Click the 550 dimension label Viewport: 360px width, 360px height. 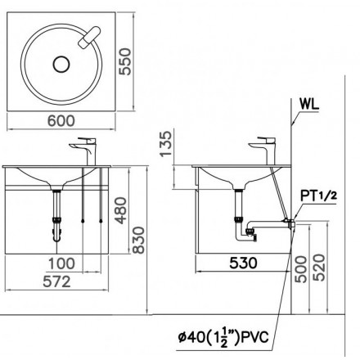(125, 61)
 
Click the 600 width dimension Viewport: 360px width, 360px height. (61, 121)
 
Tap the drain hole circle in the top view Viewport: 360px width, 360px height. (61, 65)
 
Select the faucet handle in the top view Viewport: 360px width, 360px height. (89, 37)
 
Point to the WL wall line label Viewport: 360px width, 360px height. (309, 104)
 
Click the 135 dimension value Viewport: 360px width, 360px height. (166, 143)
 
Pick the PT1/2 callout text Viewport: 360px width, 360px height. (318, 196)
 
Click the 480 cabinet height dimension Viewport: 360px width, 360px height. (120, 210)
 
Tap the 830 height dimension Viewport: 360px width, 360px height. (138, 240)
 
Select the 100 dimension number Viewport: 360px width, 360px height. (61, 263)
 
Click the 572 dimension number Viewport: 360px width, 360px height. (57, 281)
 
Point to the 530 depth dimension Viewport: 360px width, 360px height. (243, 263)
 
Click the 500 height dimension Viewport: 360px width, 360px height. (301, 269)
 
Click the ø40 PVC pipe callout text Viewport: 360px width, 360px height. (223, 338)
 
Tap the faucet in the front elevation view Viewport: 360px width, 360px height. (85, 151)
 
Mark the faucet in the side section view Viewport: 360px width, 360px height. (263, 151)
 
